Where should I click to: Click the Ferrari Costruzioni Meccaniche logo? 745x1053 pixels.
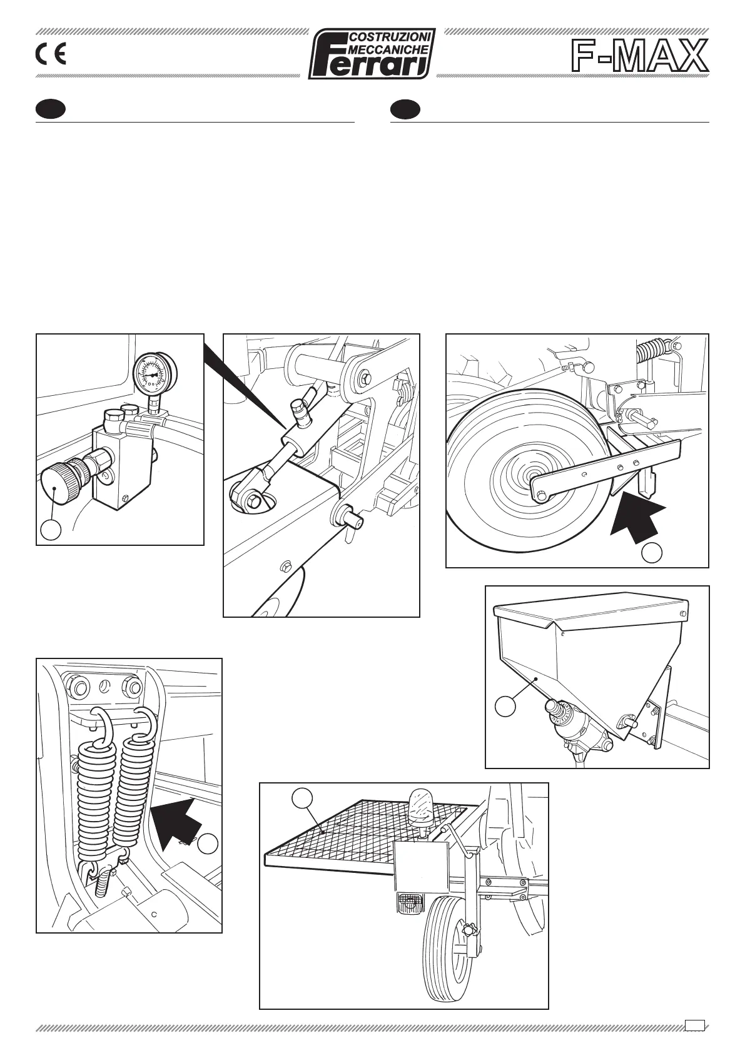click(372, 54)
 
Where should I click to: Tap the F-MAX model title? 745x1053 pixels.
click(639, 56)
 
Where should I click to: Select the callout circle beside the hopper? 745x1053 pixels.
click(505, 706)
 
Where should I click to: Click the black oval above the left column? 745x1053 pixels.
click(51, 109)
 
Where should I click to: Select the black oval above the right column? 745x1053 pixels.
click(405, 109)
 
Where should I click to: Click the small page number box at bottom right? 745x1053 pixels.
click(694, 1024)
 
